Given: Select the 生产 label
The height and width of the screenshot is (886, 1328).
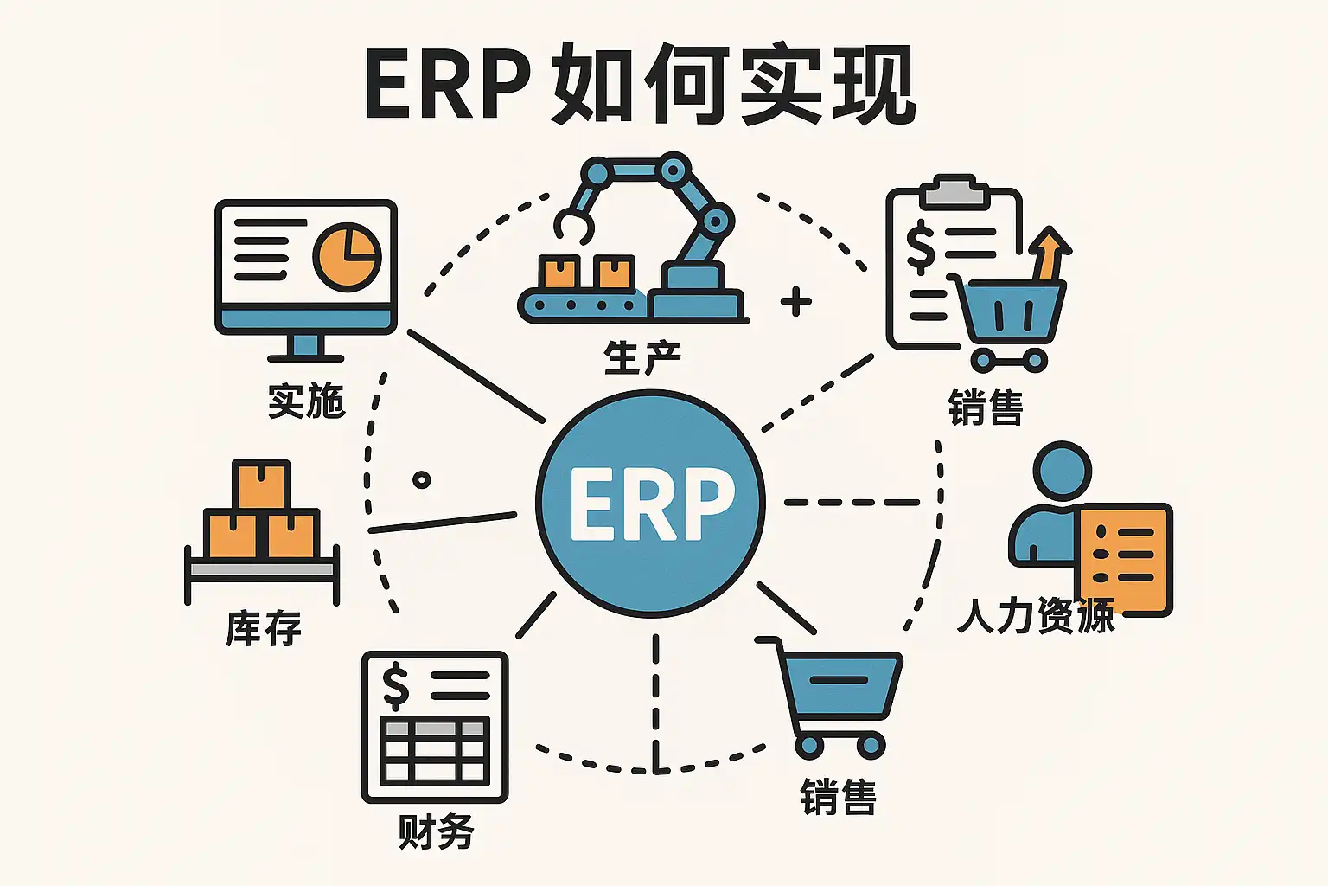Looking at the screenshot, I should [642, 357].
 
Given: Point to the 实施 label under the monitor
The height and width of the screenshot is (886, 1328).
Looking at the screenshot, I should [306, 401].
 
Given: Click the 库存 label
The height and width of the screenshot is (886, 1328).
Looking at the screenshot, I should [263, 628].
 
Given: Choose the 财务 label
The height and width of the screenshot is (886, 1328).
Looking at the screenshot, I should [436, 831].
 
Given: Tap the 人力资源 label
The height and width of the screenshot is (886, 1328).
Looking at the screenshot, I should [1036, 616].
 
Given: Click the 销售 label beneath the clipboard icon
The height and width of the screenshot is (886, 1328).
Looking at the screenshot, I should [986, 407].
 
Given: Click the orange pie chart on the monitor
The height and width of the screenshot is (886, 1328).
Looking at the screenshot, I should [346, 256].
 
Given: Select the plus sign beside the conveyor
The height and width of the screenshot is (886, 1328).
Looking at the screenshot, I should [795, 302].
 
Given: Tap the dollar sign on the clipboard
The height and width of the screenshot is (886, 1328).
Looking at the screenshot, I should [920, 246].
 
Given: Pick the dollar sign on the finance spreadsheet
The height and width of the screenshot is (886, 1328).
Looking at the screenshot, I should [396, 685].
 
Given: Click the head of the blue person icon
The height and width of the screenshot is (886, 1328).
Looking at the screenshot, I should [1062, 472].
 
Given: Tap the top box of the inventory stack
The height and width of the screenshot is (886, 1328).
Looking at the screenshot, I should [261, 485].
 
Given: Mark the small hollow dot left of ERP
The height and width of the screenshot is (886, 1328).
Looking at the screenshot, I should [422, 480].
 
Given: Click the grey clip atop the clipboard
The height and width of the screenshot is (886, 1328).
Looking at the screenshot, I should [954, 191].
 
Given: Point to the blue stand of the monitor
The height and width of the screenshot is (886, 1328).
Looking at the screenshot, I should [304, 346].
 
